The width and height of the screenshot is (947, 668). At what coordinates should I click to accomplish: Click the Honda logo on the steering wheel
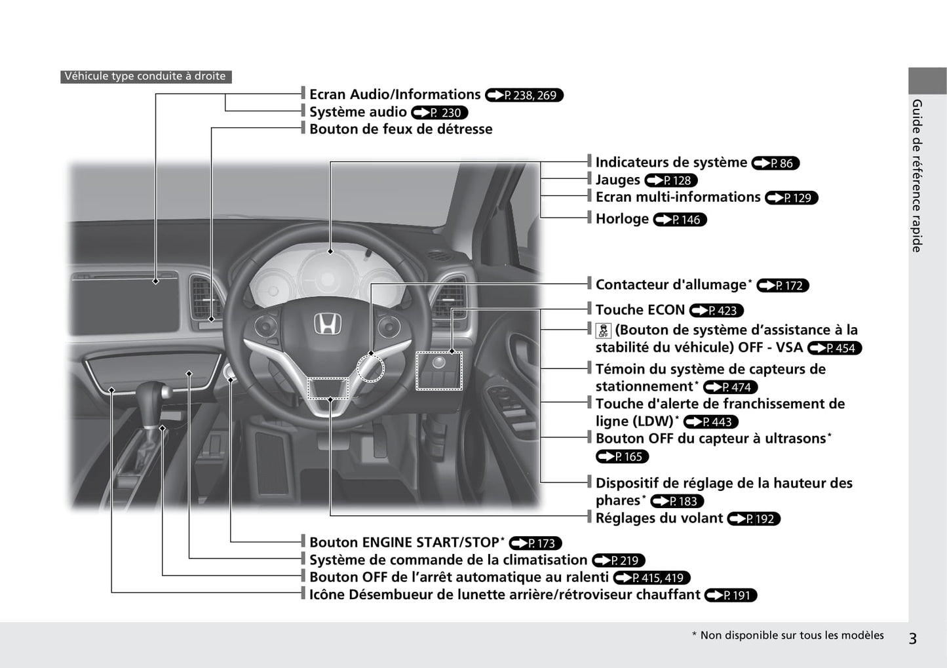point(326,324)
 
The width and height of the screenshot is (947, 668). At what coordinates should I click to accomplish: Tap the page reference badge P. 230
point(439,113)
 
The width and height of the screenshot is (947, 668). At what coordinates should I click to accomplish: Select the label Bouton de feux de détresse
point(400,129)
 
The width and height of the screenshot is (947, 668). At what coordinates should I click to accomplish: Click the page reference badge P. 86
point(775,163)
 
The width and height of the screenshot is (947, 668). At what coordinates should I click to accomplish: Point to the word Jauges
point(617,180)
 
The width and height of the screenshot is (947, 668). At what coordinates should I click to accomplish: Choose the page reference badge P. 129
point(791,198)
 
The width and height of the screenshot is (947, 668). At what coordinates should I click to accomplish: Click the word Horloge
point(622,219)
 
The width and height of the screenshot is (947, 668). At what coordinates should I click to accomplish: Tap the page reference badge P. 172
point(783,286)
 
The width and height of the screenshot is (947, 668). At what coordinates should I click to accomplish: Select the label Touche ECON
point(640,309)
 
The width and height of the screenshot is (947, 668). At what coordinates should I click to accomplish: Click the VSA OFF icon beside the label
point(603,330)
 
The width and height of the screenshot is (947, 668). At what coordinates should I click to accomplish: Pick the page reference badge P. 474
point(730,387)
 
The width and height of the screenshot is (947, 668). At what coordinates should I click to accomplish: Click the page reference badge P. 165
point(622,457)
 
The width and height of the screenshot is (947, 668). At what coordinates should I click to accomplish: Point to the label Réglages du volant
point(659,518)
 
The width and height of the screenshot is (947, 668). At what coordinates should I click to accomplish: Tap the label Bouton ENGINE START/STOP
point(404,542)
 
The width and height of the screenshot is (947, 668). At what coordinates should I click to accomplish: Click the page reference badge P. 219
point(619,560)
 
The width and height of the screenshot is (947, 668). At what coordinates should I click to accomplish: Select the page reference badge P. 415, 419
point(651,578)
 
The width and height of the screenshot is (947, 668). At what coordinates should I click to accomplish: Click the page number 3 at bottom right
point(912,638)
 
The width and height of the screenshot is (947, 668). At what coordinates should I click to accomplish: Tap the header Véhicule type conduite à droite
point(145,76)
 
